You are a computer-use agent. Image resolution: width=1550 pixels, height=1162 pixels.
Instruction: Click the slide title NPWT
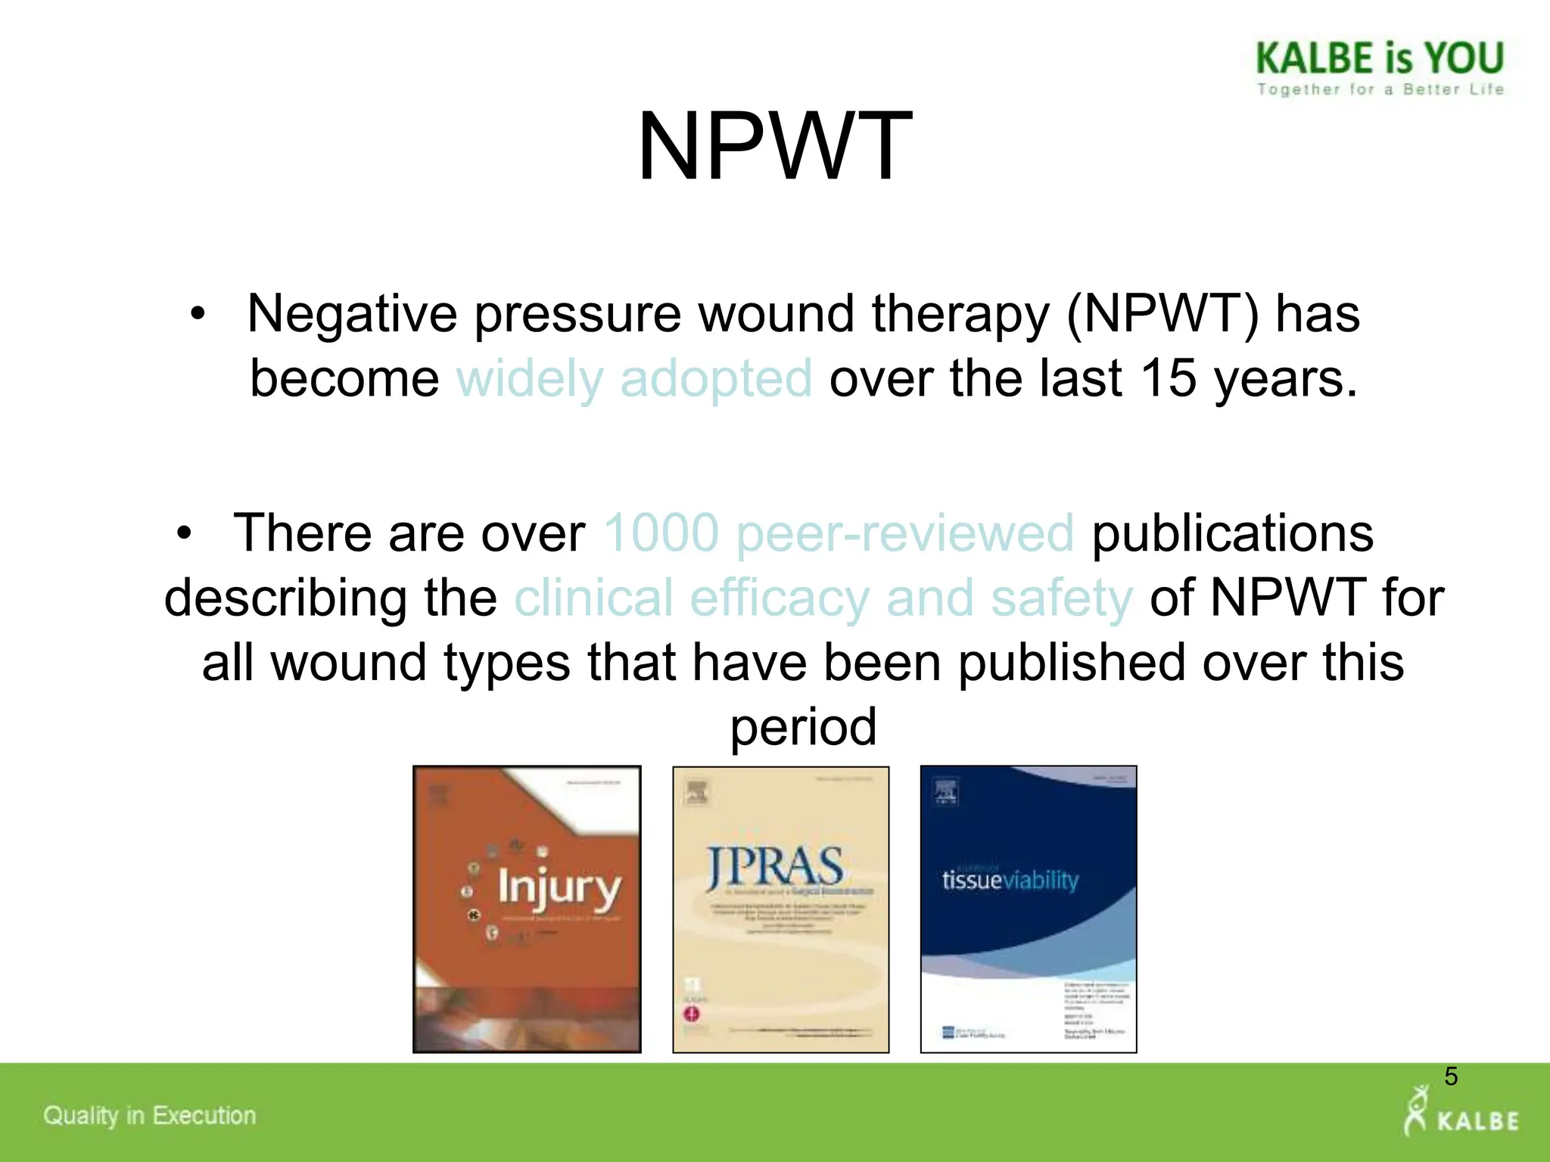(774, 147)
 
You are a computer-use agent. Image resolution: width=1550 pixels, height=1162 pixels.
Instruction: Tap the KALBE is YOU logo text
(1380, 58)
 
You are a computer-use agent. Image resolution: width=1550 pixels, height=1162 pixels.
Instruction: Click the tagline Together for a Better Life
(1380, 89)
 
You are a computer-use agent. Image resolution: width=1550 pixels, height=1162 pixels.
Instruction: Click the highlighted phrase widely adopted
(634, 378)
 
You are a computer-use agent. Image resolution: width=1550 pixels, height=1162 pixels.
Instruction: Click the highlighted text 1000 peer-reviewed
(839, 533)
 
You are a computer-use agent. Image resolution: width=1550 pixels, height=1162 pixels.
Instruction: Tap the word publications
(1232, 533)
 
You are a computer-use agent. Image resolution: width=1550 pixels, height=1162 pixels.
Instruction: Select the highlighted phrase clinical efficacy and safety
(823, 598)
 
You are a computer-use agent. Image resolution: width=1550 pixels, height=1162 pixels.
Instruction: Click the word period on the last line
(803, 726)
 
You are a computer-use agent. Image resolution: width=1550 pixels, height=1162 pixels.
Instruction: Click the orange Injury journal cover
(527, 909)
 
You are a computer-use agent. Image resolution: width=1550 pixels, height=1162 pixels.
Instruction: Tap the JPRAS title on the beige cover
(775, 868)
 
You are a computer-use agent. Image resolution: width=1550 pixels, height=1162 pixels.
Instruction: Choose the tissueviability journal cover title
(1010, 881)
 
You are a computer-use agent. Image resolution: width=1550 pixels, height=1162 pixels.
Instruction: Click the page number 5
(1450, 1076)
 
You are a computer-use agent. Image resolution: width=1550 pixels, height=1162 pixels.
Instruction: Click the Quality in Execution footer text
(149, 1115)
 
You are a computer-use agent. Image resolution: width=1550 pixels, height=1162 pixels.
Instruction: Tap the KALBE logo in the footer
(1461, 1114)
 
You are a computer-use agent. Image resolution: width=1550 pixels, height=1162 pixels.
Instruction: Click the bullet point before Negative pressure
(198, 315)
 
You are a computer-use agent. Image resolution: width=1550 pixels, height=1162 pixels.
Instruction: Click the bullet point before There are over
(184, 534)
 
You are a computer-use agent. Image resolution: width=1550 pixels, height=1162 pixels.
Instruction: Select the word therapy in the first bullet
(960, 314)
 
